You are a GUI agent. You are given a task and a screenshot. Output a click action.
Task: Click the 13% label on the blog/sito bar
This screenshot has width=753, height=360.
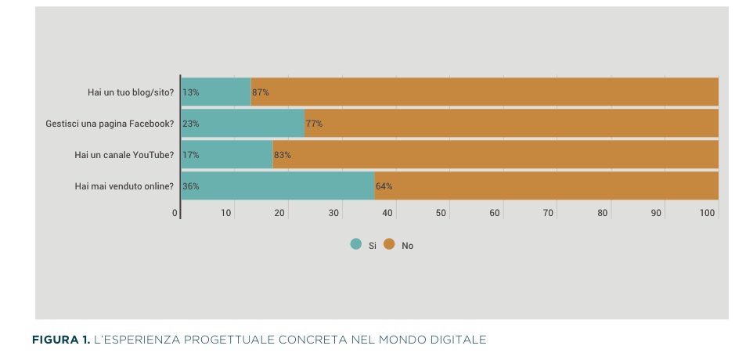[x=190, y=92]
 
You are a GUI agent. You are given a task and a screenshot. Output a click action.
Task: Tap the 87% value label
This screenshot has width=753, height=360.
[x=261, y=92]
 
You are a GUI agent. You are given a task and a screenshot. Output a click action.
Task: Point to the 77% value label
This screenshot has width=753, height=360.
[x=314, y=124]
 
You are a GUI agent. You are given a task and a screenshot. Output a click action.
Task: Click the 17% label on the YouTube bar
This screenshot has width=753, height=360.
[x=190, y=155]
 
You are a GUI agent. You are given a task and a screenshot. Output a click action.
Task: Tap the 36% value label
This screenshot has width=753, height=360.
[x=190, y=186]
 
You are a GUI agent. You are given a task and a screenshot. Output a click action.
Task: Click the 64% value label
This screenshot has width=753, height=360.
[x=384, y=186]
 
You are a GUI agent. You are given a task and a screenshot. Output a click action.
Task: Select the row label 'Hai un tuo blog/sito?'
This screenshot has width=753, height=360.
[x=131, y=92]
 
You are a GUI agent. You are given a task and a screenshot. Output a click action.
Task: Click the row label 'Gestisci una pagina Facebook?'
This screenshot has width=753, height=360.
[x=110, y=124]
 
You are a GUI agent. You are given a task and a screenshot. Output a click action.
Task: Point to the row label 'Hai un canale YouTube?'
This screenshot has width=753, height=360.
[x=124, y=155]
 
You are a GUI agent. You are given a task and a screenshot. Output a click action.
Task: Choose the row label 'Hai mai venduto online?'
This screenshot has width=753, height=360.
[x=124, y=186]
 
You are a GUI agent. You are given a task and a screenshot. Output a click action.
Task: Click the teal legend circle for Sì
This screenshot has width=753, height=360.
[x=356, y=245]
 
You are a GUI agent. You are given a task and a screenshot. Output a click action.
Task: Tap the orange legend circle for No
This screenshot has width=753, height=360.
[x=389, y=245]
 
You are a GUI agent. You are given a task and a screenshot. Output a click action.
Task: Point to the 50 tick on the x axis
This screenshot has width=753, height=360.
[x=441, y=213]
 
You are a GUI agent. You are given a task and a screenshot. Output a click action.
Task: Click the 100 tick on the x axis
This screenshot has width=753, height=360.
[x=708, y=213]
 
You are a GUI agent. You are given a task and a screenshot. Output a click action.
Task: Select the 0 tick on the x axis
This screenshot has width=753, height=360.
[x=175, y=213]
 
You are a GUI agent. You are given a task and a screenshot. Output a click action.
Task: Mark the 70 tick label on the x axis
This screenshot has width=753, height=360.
[x=549, y=213]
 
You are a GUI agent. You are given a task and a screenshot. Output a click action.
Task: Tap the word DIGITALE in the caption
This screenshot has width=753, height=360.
[x=456, y=340]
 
